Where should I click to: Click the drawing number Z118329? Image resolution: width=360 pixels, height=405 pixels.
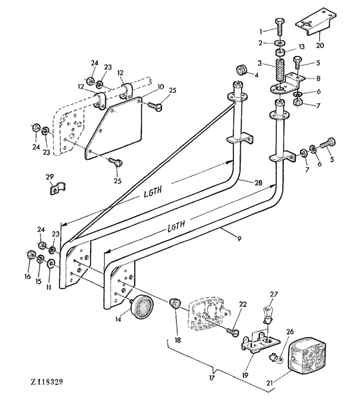[47, 382]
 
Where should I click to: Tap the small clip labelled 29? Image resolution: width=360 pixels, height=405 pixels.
[57, 188]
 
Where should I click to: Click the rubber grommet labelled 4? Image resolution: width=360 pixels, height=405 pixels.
[243, 70]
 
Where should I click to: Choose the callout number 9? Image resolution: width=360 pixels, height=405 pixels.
[239, 238]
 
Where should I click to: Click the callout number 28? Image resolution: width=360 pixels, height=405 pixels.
[258, 183]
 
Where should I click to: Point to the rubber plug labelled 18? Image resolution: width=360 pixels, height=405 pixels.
[175, 302]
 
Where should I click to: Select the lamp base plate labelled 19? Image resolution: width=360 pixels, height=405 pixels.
[261, 343]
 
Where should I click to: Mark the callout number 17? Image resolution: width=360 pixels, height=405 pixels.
[211, 378]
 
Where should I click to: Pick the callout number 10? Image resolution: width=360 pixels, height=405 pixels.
[161, 87]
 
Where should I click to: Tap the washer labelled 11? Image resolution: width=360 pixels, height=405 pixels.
[51, 264]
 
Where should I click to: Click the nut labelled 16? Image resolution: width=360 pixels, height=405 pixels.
[31, 254]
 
